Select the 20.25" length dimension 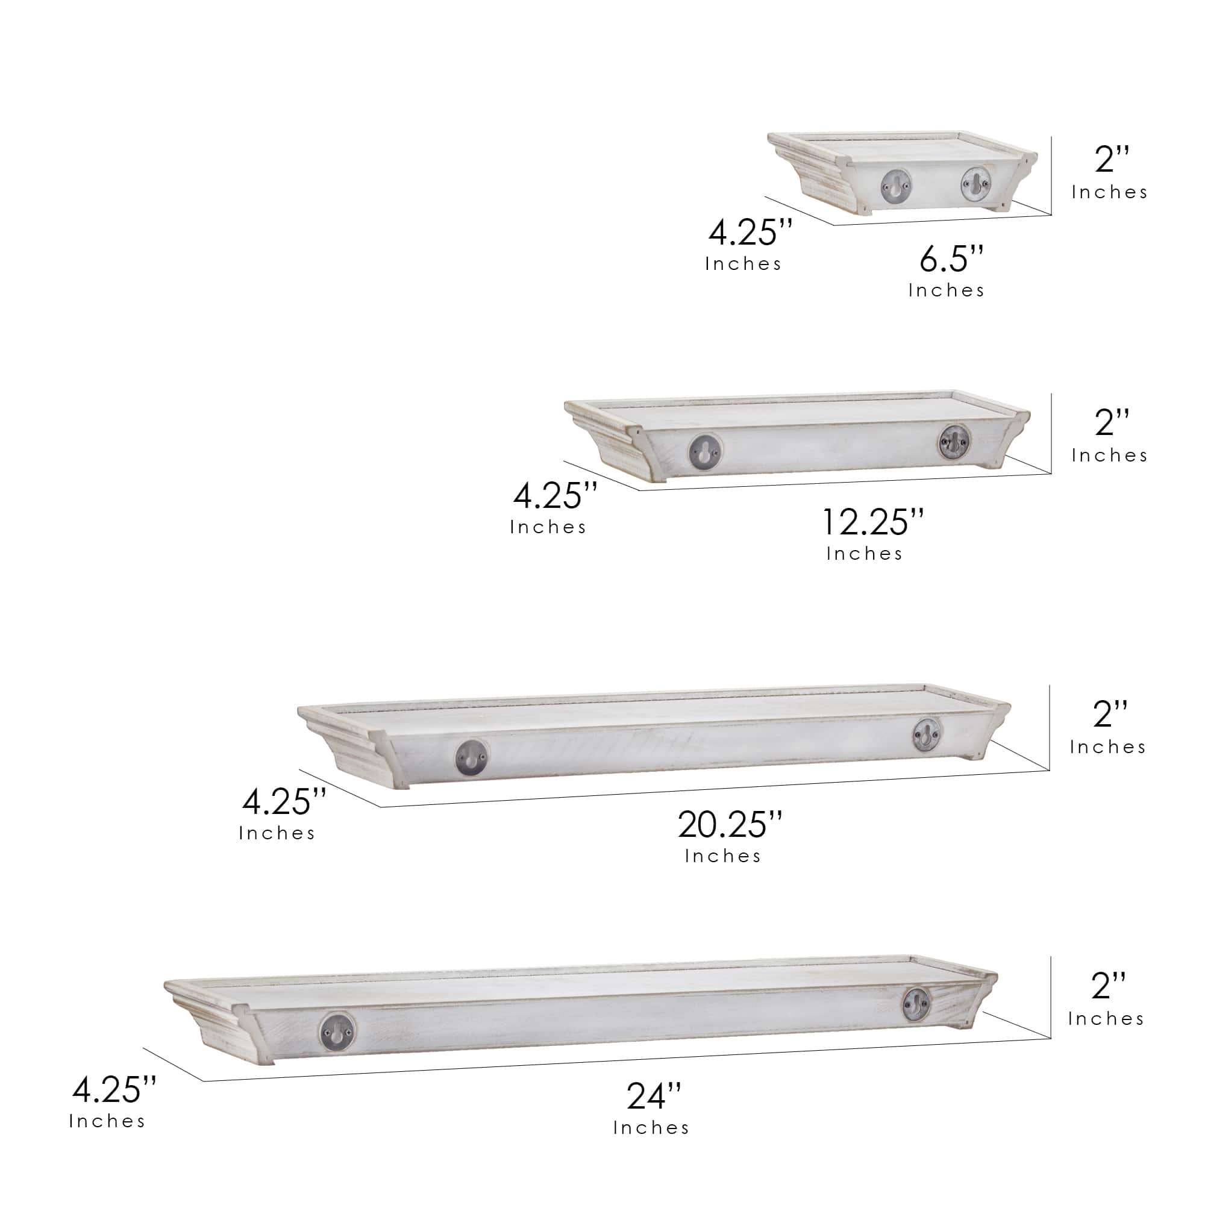729,825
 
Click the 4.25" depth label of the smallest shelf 750,232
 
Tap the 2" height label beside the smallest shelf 1112,158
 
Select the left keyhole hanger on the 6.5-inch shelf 896,185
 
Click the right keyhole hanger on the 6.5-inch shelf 975,183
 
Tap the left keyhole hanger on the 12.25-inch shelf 706,449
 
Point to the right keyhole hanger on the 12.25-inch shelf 954,441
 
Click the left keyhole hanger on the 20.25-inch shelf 471,757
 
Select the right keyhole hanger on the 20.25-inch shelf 927,734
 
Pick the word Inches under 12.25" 864,553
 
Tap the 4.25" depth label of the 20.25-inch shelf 284,801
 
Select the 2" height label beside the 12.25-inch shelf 1112,422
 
